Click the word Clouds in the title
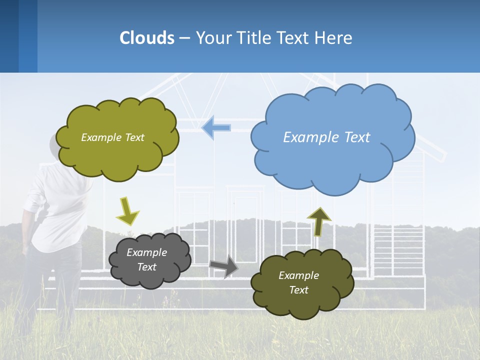tap(147, 38)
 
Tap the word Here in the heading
tap(333, 38)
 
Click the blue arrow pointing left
tap(216, 127)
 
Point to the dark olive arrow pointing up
tap(318, 221)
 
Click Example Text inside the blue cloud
tap(326, 137)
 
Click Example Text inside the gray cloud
tap(147, 260)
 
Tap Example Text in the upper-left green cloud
tap(112, 137)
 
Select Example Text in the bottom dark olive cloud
tap(298, 282)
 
